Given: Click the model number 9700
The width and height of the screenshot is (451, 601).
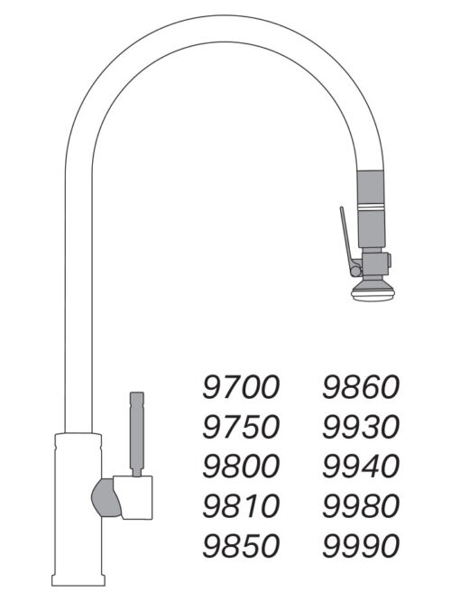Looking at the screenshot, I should click(x=241, y=388).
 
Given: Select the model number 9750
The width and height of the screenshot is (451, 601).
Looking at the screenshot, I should click(x=241, y=427).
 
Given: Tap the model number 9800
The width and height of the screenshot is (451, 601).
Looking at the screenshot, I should click(x=241, y=467).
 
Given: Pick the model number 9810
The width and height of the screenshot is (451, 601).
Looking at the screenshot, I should click(x=241, y=505).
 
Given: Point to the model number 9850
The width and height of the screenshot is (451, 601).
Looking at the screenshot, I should click(x=241, y=545).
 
